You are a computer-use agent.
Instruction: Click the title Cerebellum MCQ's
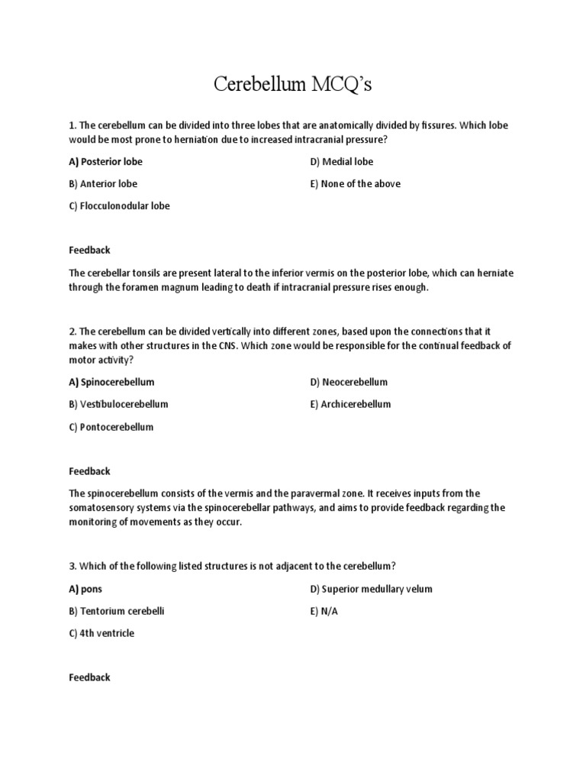292,84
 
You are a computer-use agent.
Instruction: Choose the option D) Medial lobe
341,162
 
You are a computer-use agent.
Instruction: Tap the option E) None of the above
355,184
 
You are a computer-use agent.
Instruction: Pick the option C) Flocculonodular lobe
119,206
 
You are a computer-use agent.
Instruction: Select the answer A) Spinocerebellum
111,382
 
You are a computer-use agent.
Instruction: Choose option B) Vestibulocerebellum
118,404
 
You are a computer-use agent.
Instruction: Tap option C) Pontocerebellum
111,427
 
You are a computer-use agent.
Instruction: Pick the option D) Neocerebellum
349,382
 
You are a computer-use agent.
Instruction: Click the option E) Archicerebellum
350,404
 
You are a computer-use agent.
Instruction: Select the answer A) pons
85,589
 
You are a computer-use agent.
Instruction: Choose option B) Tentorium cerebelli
117,611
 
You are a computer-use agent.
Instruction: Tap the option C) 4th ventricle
101,633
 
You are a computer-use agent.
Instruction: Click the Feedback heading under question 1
89,250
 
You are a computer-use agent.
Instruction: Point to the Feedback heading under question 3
89,677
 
